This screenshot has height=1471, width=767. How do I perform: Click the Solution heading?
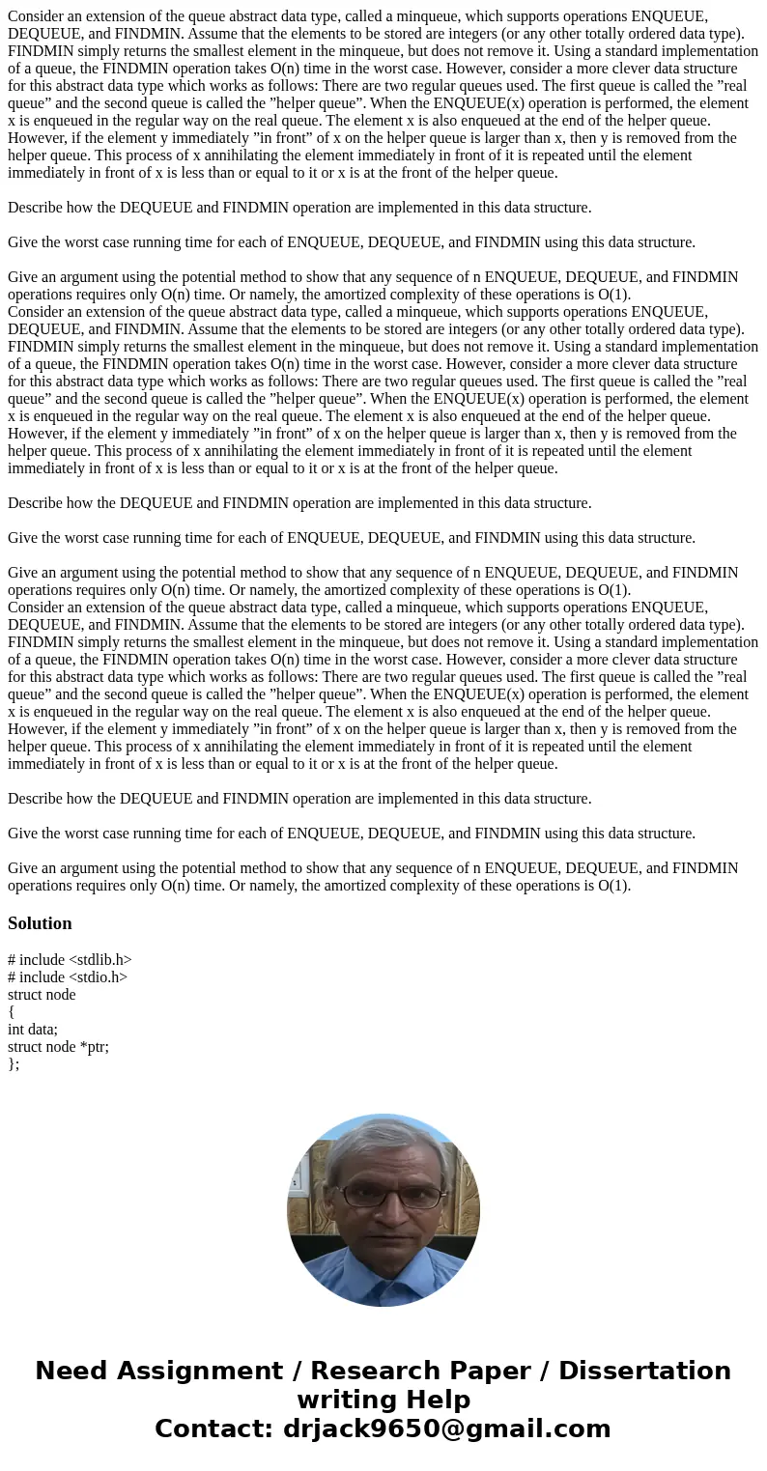40,923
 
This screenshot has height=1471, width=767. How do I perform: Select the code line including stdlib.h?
70,960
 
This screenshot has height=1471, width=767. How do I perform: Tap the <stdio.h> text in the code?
98,977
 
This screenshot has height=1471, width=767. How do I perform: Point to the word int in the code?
16,1030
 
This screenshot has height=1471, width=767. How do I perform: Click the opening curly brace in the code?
12,1012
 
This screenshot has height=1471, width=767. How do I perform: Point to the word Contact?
213,1429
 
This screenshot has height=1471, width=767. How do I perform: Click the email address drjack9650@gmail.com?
445,1429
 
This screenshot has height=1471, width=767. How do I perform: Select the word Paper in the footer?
503,1372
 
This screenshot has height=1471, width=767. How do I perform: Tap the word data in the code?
43,1030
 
